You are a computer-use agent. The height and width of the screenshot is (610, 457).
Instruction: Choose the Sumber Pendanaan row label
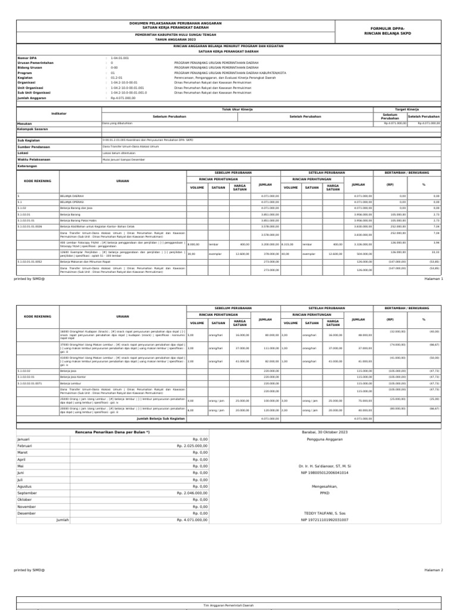tap(33, 146)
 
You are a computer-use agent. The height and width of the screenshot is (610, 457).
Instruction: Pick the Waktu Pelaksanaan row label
tap(34, 159)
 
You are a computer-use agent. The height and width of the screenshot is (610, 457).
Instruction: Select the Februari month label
tap(25, 462)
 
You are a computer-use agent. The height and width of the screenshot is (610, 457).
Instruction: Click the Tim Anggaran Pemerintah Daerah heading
tap(228, 605)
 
